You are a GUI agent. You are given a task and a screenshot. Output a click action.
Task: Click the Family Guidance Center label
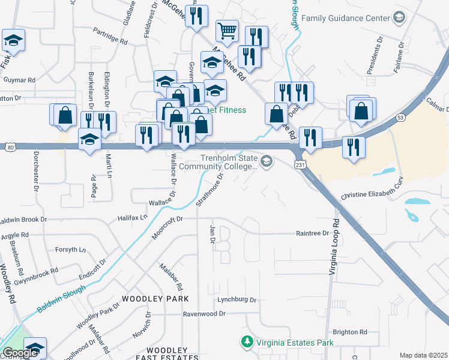pos(346,18)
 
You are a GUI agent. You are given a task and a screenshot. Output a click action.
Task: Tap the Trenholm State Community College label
pos(229,162)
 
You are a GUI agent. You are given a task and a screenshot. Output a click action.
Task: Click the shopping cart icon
pos(227,31)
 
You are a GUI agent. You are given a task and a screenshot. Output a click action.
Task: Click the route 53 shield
pos(400,119)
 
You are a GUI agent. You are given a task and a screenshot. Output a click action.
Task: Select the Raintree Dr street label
pos(313,233)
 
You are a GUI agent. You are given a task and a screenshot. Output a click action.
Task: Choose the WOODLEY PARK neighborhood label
pos(155,298)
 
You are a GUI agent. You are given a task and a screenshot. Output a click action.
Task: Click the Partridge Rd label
pos(110,43)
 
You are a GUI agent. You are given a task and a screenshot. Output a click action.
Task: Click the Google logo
pos(21,353)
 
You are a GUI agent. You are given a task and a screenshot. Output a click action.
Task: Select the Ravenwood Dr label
pos(204,313)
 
